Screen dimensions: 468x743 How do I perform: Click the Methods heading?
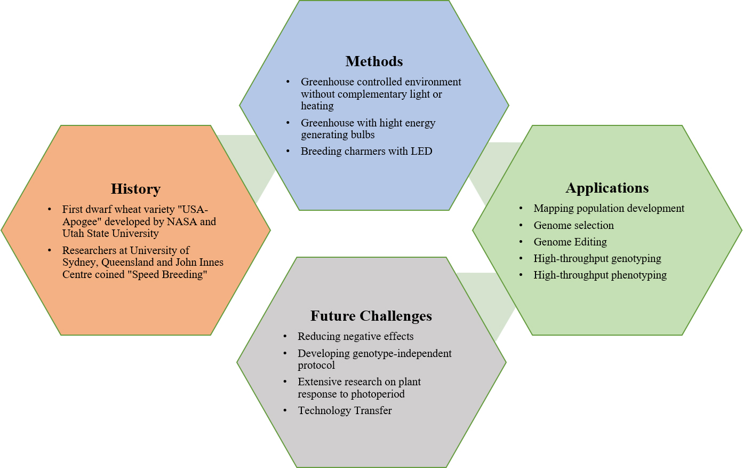[x=374, y=61]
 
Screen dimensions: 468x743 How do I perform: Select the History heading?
[x=135, y=189]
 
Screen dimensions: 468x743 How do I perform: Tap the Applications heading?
[x=607, y=188]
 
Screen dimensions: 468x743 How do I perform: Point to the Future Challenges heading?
[x=371, y=316]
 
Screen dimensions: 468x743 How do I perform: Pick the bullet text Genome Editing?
[x=570, y=242]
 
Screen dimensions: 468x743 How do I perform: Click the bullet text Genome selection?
[x=573, y=225]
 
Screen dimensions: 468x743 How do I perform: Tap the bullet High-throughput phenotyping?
[x=600, y=275]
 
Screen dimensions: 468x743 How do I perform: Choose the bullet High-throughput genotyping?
[x=597, y=258]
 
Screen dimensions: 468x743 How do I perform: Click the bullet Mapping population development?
[x=609, y=208]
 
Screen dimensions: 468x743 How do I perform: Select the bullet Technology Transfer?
[x=345, y=410]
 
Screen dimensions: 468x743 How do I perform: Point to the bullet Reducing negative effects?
[x=355, y=336]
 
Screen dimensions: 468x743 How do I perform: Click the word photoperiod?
[x=378, y=394]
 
